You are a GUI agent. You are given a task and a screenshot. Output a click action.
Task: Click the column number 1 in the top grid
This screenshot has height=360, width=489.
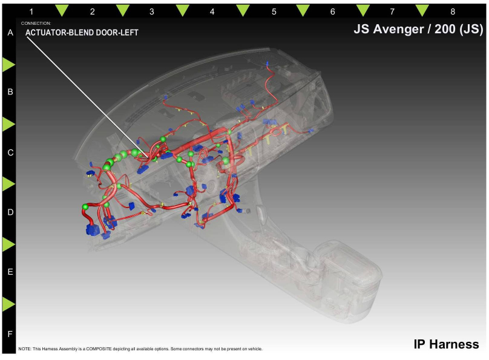coord(31,12)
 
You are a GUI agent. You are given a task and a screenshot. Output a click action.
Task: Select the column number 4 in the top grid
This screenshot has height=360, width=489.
coord(212,12)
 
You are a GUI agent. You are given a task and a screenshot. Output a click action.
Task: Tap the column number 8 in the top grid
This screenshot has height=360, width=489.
coord(453,12)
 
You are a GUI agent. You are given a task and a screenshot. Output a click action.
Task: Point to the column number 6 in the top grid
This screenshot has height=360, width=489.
coord(332,12)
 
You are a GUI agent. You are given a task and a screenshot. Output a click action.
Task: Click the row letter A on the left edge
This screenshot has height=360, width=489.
coord(10,33)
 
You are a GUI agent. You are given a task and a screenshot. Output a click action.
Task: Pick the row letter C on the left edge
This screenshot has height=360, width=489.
coord(10,152)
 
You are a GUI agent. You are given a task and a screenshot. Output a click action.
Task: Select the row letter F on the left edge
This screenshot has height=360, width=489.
coord(10,334)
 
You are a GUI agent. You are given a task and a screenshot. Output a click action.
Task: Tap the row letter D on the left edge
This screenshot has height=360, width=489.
coord(10,212)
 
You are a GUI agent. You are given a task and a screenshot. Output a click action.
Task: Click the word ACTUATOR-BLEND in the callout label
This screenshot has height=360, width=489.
coord(59,33)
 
